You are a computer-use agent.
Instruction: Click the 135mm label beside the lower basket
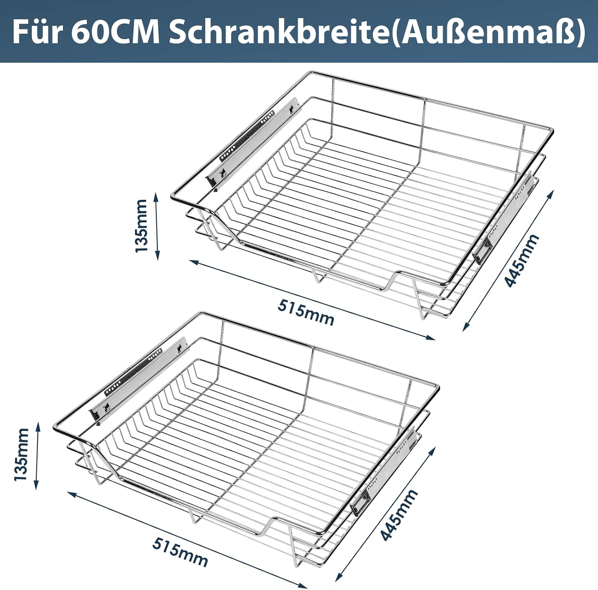coord(21,454)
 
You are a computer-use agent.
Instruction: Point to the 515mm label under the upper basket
coord(306,312)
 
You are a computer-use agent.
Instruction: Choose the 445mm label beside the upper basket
coord(522,260)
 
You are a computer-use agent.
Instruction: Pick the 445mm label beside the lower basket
coord(399,515)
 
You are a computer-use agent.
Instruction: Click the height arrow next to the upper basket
coord(157,226)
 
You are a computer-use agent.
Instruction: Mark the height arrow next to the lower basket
coord(37,456)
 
